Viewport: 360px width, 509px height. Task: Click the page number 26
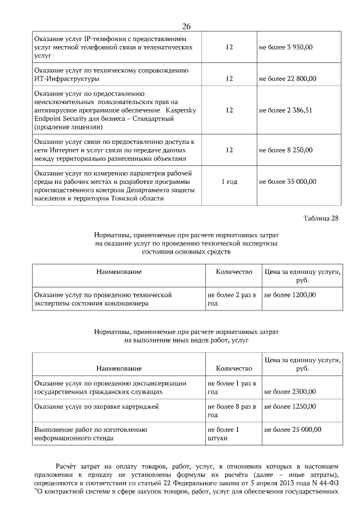pyautogui.click(x=187, y=26)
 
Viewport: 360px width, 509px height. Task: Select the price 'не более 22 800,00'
pyautogui.click(x=287, y=78)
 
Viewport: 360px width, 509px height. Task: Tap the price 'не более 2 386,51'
pyautogui.click(x=285, y=110)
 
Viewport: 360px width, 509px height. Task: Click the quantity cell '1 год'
pyautogui.click(x=229, y=182)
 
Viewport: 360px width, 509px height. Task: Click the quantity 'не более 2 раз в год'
pyautogui.click(x=231, y=298)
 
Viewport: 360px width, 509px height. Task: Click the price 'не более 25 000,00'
pyautogui.click(x=292, y=429)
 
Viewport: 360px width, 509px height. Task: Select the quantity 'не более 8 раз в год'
pyautogui.click(x=231, y=410)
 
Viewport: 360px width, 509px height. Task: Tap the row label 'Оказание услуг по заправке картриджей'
pyautogui.click(x=97, y=406)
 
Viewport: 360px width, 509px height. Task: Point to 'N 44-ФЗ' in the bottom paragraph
pyautogui.click(x=325, y=483)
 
